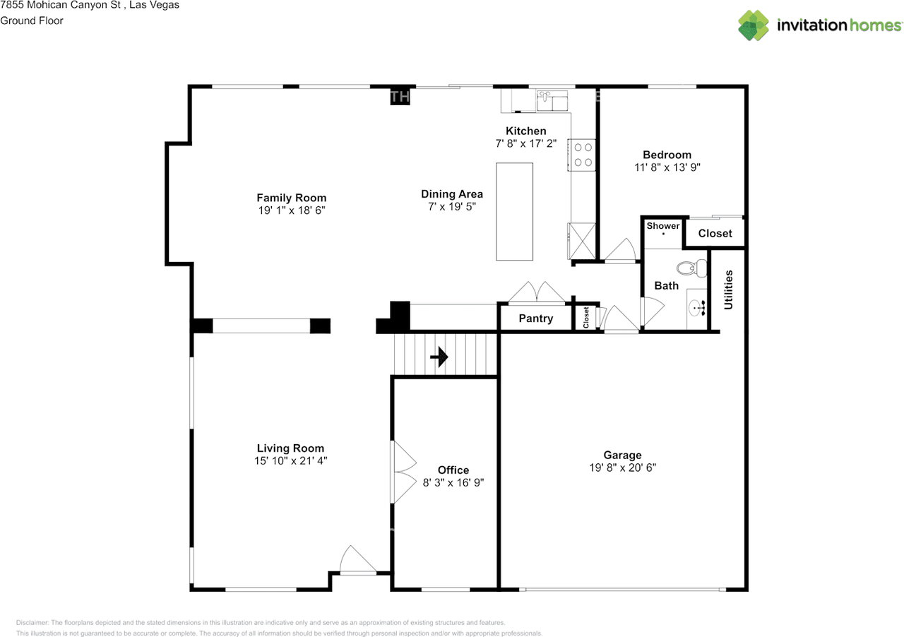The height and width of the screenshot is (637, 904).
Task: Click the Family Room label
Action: coord(291,198)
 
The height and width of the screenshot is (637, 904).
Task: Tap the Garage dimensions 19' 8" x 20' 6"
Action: coord(622,468)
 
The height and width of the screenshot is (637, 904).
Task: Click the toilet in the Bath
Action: coord(692,268)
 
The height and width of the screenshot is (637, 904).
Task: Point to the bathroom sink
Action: coord(698,308)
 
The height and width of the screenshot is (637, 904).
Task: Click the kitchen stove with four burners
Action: coord(583,155)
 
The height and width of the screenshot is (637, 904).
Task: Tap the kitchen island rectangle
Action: coord(514,211)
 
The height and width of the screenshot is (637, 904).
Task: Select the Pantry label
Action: coord(535,318)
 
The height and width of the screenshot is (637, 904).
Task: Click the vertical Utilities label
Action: coord(728,290)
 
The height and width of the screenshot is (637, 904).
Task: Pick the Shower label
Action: coord(663,226)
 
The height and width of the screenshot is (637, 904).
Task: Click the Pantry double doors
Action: coord(537,294)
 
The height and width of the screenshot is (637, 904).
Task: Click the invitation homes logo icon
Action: coord(754,25)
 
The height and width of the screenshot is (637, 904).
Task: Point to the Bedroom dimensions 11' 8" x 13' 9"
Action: coord(667,168)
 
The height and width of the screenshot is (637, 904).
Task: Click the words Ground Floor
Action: coord(32,20)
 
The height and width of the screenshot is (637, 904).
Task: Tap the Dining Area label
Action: coord(452,194)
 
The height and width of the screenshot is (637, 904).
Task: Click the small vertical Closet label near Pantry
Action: coord(586,317)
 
